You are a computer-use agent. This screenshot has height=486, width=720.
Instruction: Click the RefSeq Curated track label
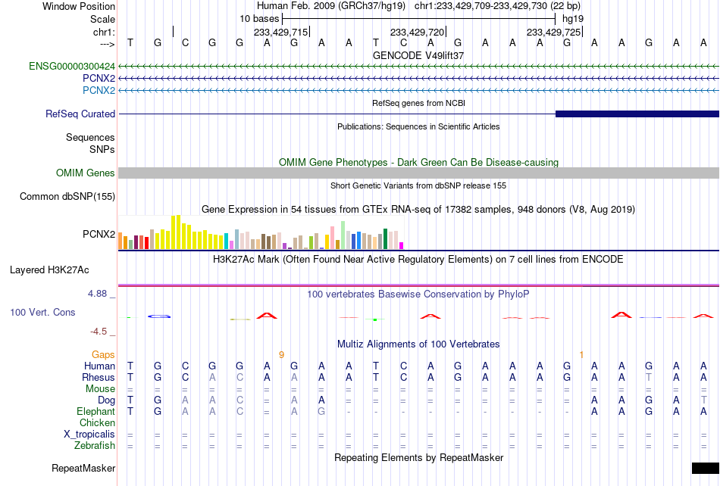(x=80, y=114)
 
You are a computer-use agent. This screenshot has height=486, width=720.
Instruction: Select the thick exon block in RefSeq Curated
(x=637, y=114)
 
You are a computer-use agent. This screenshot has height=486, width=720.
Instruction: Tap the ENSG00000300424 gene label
(x=72, y=66)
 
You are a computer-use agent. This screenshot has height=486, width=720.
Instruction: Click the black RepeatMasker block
(x=706, y=468)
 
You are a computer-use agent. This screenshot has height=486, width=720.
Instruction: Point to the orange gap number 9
(x=281, y=354)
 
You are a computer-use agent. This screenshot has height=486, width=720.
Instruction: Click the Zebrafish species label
(x=95, y=445)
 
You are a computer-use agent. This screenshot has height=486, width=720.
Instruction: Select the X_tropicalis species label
(x=89, y=434)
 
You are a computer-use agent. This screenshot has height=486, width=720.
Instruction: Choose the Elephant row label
(x=96, y=411)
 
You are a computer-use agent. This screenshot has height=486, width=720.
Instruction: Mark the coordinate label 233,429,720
(x=418, y=32)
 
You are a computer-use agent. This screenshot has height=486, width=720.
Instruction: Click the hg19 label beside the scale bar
(x=573, y=19)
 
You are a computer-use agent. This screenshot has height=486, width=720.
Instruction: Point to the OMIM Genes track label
(x=86, y=173)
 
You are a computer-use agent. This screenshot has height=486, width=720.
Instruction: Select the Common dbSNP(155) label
(x=67, y=196)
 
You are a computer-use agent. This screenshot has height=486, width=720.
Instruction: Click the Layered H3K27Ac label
(x=49, y=269)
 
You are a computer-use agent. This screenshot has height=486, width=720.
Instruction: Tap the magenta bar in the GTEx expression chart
(x=402, y=246)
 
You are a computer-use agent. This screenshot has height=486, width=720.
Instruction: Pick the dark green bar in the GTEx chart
(x=386, y=239)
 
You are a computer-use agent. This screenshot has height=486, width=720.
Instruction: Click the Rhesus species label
(x=99, y=377)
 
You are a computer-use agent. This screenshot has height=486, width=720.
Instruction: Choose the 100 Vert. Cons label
(x=42, y=312)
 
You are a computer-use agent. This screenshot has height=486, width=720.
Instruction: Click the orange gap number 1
(x=581, y=354)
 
